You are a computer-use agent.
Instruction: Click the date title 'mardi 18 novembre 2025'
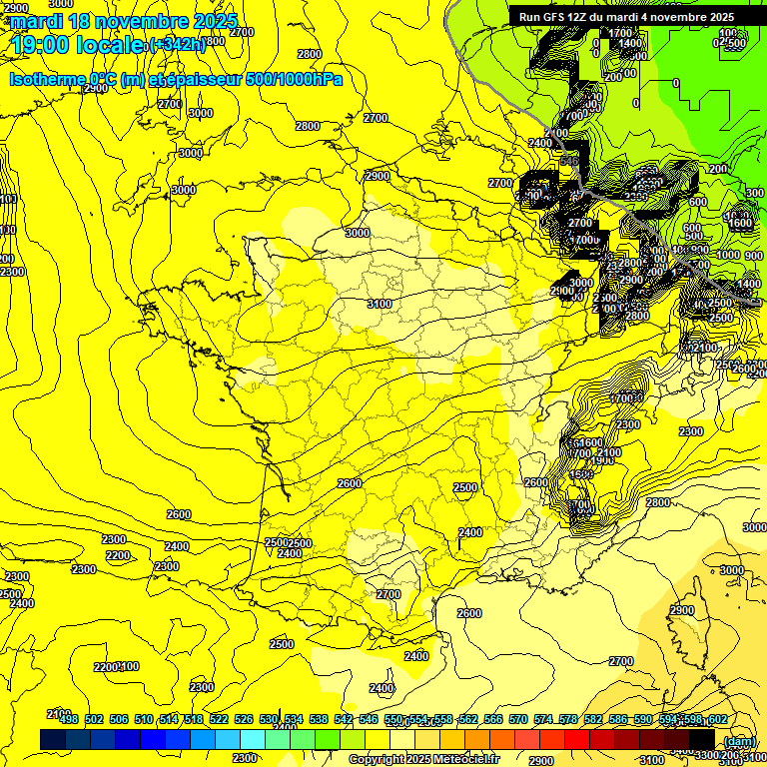tap(124, 21)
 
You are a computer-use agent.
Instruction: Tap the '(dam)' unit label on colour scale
tap(738, 741)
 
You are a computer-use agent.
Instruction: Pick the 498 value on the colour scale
tap(69, 719)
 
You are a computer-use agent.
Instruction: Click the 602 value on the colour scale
tap(716, 719)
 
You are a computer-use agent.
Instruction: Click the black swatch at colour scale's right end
tap(702, 739)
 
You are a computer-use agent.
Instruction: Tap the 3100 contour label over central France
tap(379, 304)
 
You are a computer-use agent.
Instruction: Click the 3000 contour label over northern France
tap(357, 233)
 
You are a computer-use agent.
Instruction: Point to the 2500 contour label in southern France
tap(464, 487)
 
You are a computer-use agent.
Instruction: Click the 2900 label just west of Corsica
tap(681, 610)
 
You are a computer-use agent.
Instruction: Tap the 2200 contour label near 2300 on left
tap(117, 555)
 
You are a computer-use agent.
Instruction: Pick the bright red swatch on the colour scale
tap(577, 739)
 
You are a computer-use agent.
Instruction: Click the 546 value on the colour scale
tap(369, 719)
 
